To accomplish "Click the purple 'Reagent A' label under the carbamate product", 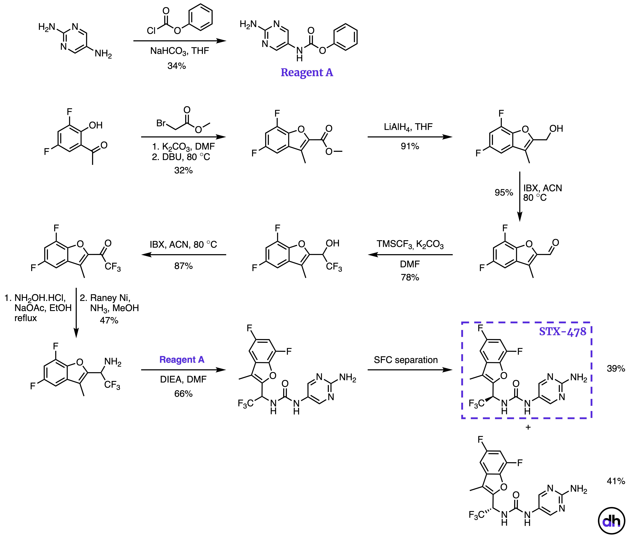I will [307, 73].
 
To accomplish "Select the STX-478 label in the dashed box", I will [562, 331].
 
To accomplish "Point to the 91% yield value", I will [410, 146].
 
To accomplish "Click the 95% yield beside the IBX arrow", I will [504, 192].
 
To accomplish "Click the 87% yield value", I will [183, 266].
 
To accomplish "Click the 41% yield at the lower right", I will [616, 481].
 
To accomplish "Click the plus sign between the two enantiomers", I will [528, 427].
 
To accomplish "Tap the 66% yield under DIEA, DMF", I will [183, 394].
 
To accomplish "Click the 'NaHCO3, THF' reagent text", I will [179, 51].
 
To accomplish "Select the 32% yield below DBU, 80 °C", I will [183, 170].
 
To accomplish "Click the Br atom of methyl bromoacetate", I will [161, 123].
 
